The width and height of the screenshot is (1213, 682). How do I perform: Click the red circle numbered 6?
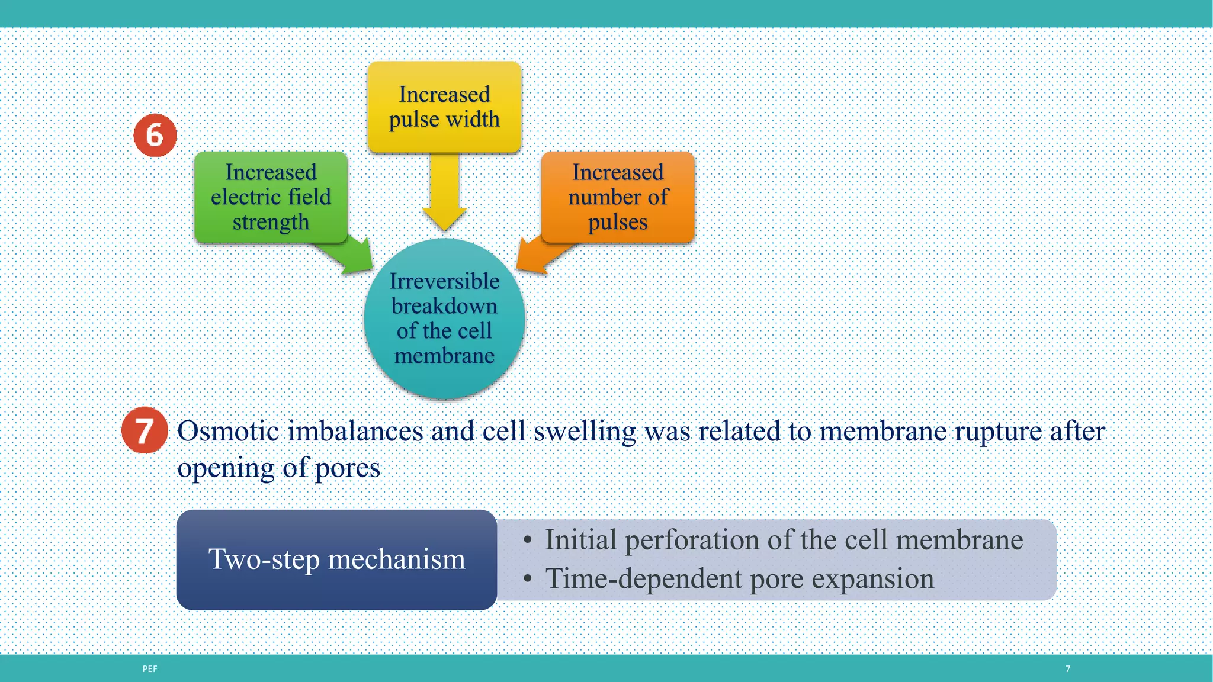click(x=155, y=136)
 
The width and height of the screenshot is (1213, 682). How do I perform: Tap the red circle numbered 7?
click(x=145, y=430)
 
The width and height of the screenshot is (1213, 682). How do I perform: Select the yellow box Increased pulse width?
click(x=444, y=107)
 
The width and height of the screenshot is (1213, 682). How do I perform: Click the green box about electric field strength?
click(x=271, y=197)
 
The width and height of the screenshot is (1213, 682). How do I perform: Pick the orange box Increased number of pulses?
click(x=618, y=197)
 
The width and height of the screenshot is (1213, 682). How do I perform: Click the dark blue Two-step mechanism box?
click(x=336, y=559)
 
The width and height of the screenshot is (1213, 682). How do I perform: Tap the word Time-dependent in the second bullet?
click(x=643, y=578)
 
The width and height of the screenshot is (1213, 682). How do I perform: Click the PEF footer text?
click(x=150, y=669)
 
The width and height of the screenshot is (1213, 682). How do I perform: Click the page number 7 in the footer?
click(x=1068, y=669)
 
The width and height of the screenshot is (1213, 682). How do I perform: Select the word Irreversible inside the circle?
click(x=444, y=281)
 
